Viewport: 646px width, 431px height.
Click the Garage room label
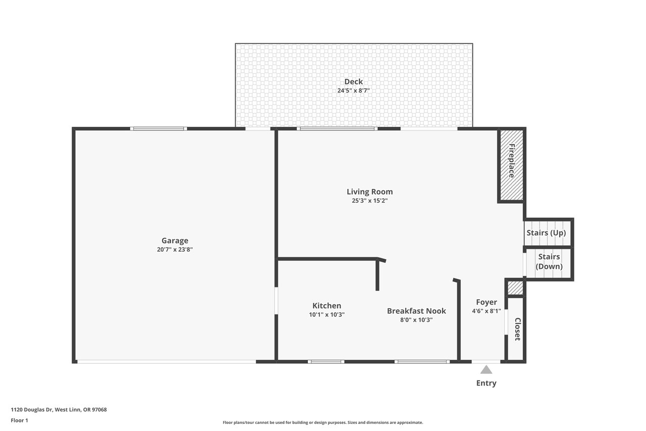pos(175,241)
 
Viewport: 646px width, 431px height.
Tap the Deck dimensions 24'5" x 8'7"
pos(354,90)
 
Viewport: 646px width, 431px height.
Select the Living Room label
pos(370,191)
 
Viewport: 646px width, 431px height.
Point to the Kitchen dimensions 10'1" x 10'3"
pos(327,315)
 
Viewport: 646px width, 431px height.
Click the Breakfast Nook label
pos(416,311)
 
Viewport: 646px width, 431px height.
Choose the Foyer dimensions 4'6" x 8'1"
pos(487,311)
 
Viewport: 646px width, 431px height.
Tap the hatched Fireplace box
pos(512,165)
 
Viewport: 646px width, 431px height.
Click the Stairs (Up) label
pos(546,232)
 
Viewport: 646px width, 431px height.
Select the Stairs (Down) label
pos(549,262)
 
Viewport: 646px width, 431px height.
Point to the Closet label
pos(517,329)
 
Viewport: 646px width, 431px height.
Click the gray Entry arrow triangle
pos(486,370)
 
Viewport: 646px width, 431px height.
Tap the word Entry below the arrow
pos(486,383)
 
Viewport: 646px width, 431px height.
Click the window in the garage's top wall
pos(158,129)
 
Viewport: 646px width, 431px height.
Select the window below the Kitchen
pos(326,362)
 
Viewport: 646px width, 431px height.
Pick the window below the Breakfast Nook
pos(422,362)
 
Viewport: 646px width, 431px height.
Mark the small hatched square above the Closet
pos(515,288)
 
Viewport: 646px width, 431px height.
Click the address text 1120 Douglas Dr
pos(31,410)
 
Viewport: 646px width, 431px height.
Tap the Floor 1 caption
pos(19,420)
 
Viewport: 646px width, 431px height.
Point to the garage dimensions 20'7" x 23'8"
pos(175,250)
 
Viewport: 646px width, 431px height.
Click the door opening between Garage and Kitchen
pos(276,301)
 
